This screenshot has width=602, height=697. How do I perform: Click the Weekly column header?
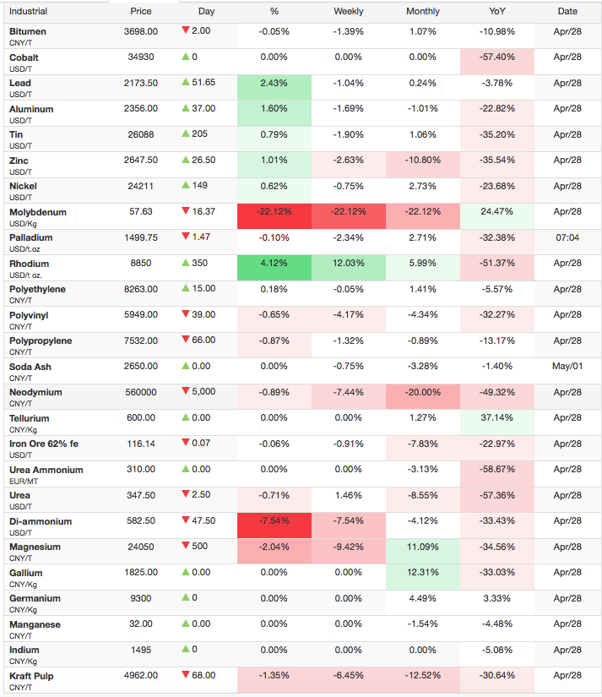pos(349,12)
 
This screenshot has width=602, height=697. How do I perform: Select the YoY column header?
pos(496,12)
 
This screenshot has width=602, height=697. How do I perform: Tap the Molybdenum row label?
pos(38,212)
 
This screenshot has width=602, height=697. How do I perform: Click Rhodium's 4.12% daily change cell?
pos(274,263)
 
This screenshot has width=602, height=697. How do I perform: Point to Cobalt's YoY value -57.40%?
pos(496,57)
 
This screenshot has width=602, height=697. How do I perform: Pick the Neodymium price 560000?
pos(141,392)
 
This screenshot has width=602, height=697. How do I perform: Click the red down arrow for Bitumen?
pos(186,30)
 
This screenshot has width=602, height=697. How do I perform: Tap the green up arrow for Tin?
pos(186,133)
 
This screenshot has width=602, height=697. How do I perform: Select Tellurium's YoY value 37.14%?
pos(496,418)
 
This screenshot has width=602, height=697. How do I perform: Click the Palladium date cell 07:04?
pos(567,237)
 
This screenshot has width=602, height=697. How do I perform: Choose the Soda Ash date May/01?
pos(567,367)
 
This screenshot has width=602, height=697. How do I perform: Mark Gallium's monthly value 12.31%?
pos(422,573)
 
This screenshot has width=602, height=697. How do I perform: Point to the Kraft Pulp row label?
pos(31,676)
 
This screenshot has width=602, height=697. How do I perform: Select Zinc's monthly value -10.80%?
pos(422,160)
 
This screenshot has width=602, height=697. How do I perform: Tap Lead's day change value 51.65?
pos(203,82)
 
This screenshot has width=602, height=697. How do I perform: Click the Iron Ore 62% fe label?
pos(44,444)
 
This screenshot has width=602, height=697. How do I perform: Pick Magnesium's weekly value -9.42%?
pos(349,547)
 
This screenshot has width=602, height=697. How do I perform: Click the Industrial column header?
pos(28,12)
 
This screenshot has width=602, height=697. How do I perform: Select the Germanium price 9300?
pos(141,598)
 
